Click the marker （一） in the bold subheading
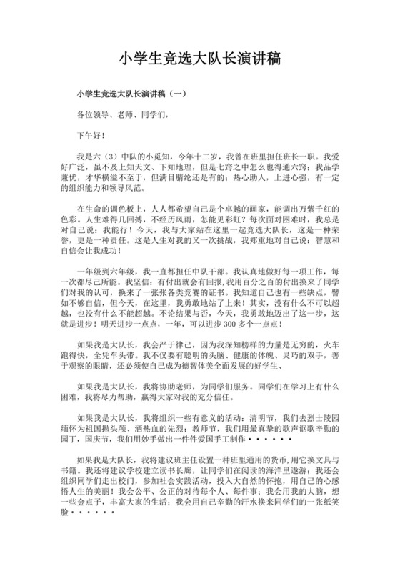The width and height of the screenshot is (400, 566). pos(177,93)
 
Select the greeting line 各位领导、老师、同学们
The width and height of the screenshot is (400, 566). pos(123,114)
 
